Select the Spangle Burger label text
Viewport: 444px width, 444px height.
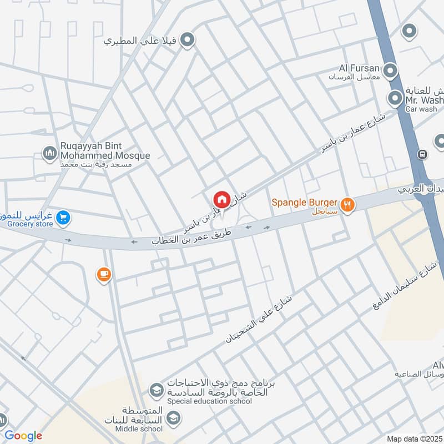305,203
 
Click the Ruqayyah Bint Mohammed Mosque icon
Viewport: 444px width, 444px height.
50,152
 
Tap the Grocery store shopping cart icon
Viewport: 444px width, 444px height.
63,218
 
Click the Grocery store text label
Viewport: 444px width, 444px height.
30,224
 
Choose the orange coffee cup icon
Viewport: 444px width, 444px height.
104,275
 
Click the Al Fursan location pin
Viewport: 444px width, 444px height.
391,71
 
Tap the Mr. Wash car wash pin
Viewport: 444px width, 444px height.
395,99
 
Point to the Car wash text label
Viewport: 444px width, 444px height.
421,109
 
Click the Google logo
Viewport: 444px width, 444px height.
23,436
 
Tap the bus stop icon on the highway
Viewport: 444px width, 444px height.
423,154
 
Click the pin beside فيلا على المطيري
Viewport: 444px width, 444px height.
188,40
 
